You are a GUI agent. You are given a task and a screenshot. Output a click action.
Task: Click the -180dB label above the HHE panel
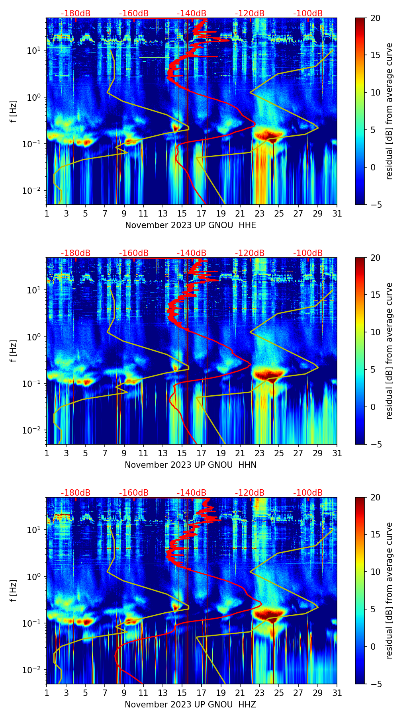(76, 14)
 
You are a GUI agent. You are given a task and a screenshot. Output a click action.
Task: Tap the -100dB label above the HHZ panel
(308, 493)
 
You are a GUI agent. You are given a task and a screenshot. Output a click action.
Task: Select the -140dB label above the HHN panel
(192, 253)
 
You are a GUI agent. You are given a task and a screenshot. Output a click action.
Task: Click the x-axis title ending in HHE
(190, 225)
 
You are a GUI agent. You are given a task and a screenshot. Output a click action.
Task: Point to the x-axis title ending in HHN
(190, 465)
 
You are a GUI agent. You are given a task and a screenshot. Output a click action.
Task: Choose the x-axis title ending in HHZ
(190, 705)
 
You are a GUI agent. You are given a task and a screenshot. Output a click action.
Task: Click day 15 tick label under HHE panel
(182, 213)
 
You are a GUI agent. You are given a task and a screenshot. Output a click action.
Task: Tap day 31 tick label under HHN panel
(337, 453)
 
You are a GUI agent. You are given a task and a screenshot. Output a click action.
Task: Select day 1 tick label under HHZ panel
(47, 693)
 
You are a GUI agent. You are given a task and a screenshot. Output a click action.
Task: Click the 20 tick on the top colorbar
(376, 18)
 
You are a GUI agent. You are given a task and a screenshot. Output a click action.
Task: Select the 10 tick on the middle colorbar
(376, 332)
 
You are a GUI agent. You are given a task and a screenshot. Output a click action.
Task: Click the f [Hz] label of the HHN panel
(14, 351)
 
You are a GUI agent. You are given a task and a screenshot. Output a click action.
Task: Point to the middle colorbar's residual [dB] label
(390, 351)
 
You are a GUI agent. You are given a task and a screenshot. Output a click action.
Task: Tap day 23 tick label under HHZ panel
(260, 693)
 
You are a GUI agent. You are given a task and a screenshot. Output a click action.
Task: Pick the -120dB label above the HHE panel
(250, 14)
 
